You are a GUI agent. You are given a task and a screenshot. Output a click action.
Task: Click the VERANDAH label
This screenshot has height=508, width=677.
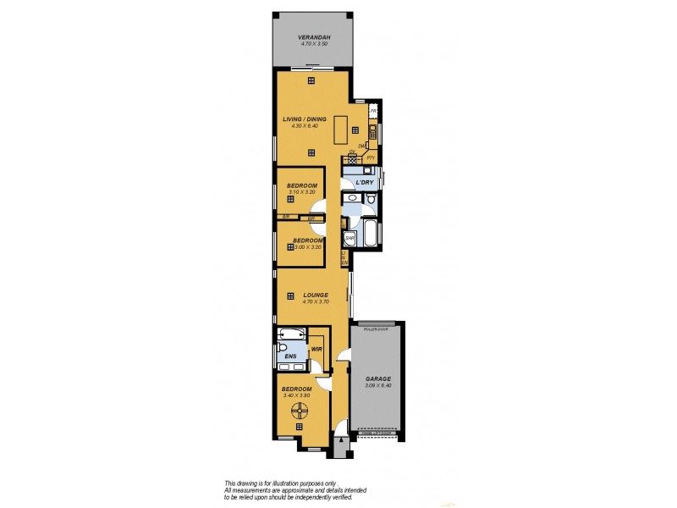tap(312, 37)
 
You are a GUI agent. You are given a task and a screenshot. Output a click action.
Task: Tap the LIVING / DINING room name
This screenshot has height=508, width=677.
tap(304, 119)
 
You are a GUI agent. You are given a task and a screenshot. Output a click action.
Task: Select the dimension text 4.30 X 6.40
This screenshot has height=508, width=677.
tap(304, 127)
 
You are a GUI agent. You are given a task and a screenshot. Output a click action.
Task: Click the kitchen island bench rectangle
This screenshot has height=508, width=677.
tap(341, 130)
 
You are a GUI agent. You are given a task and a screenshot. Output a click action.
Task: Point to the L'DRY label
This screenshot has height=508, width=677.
tap(365, 183)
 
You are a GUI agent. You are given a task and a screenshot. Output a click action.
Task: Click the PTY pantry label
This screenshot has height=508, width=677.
tap(371, 158)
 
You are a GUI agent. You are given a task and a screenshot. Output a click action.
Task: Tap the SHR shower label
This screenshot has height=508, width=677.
tap(348, 238)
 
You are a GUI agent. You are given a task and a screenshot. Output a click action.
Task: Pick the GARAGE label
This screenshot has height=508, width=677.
tap(378, 378)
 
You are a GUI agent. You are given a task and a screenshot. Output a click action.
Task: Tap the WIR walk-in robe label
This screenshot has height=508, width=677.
tap(316, 348)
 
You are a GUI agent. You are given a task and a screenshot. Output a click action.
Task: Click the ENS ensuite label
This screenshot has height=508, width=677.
tap(289, 356)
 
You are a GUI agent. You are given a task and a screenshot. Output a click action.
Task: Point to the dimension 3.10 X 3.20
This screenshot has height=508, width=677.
tap(301, 192)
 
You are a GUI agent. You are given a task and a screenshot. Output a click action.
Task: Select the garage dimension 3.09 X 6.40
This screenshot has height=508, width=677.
tap(378, 386)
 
